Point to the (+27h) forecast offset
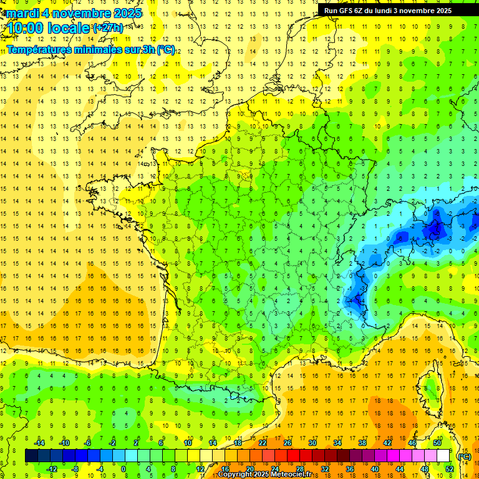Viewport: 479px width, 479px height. click(x=107, y=28)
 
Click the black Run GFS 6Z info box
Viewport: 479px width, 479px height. click(x=388, y=11)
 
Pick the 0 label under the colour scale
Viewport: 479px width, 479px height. click(x=123, y=468)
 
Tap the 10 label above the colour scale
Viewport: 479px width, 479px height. click(x=188, y=443)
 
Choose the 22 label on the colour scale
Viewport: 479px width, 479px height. click(x=263, y=443)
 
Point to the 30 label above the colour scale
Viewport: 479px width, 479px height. click(x=312, y=443)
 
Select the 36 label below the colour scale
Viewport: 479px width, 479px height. click(x=349, y=468)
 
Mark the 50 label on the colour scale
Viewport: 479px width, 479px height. click(x=437, y=443)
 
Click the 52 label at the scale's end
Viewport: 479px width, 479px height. click(x=449, y=468)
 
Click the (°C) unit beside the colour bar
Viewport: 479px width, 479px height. click(x=463, y=456)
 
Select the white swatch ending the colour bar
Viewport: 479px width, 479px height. click(x=443, y=456)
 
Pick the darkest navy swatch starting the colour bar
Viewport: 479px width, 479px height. click(x=31, y=456)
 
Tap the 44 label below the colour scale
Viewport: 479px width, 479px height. click(x=399, y=468)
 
